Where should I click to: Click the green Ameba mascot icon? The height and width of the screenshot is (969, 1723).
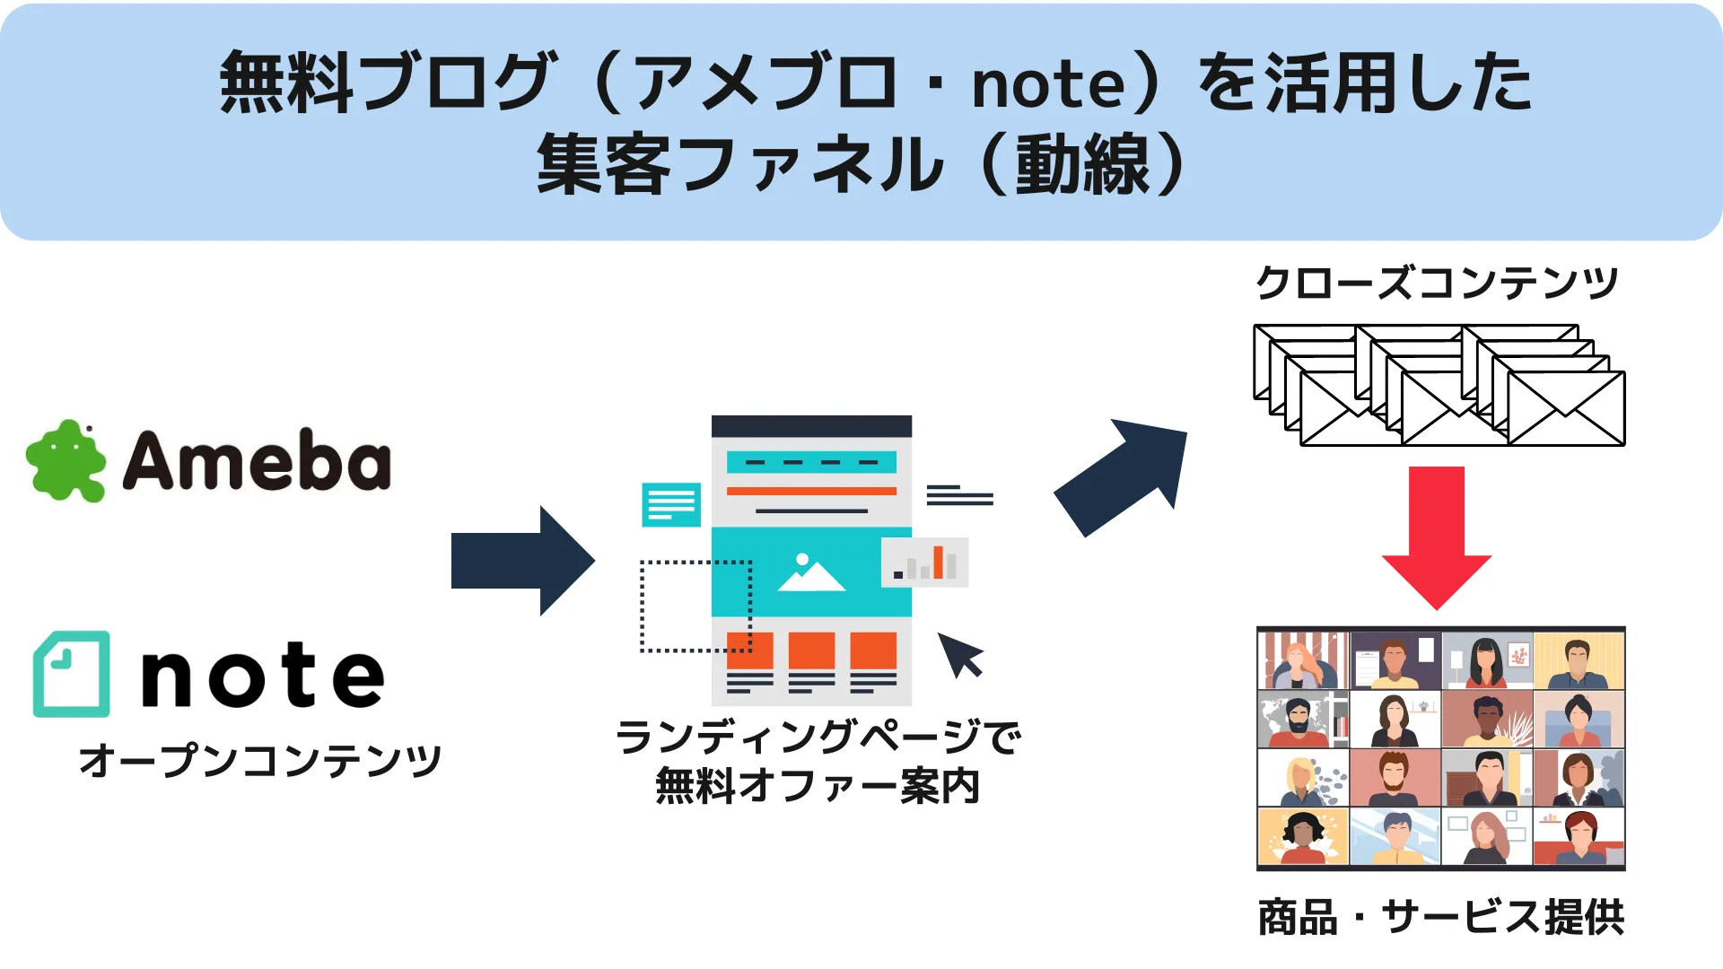coord(66,461)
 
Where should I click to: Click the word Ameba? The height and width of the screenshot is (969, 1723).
coord(257,461)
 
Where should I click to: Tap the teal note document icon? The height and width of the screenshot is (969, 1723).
coord(72,674)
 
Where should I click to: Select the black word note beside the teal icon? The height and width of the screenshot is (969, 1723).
coord(263,676)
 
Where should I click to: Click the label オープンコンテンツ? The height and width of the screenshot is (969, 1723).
coord(260,760)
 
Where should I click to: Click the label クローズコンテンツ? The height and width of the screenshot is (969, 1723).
coord(1437,283)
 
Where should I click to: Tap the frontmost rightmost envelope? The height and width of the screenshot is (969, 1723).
coord(1566,408)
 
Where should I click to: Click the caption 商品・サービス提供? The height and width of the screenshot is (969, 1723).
coord(1441,917)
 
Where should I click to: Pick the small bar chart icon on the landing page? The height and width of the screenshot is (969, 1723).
coord(925,563)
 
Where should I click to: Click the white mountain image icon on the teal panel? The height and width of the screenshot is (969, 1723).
coord(809,573)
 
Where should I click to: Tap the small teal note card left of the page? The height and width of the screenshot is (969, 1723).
coord(671,504)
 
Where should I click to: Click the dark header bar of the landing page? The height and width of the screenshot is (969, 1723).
coord(811,426)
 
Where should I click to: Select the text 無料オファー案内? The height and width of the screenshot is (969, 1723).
coord(818,786)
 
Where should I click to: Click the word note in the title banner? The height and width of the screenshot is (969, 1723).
coord(1048,85)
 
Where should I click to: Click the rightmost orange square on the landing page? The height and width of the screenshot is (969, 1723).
coord(873,650)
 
